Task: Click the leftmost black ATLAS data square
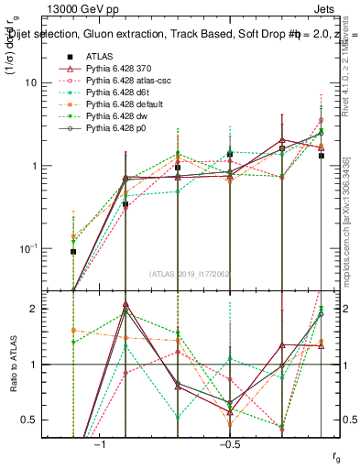click(73, 251)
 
